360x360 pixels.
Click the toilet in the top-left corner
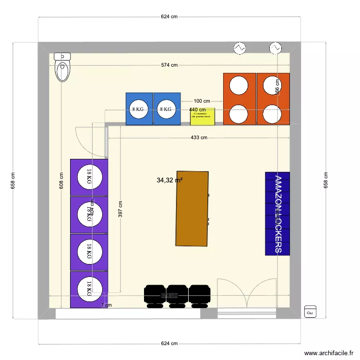point(63,68)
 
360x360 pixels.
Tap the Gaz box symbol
point(310,312)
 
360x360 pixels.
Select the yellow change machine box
point(203,117)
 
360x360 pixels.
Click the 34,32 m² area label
point(169,180)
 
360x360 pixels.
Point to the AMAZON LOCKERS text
point(277,214)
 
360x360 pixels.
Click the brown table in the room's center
point(192,208)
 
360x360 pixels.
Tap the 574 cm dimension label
point(169,65)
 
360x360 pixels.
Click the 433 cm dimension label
point(199,138)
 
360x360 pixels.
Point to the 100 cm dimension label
point(202,101)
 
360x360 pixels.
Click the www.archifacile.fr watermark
point(328,352)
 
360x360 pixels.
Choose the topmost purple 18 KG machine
point(89,177)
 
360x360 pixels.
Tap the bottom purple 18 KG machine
point(89,289)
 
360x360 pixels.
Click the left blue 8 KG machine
point(139,109)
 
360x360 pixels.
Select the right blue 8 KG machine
point(167,109)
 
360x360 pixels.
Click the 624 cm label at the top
point(169,16)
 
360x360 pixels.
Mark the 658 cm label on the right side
point(326,180)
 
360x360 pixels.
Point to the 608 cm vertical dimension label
point(61,180)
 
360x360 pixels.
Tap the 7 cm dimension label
point(106,305)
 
